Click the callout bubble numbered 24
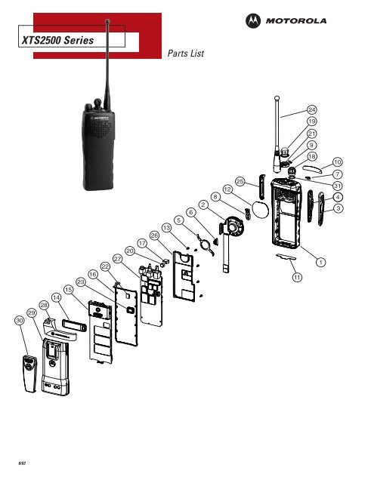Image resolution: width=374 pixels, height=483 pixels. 311,111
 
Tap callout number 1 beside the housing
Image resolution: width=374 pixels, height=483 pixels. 320,261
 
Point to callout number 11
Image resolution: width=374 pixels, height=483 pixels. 297,278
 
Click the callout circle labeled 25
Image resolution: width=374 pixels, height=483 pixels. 240,181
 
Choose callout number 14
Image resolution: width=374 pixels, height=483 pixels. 57,298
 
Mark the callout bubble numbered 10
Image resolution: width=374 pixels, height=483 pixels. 338,162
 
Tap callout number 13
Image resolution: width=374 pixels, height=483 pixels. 165,228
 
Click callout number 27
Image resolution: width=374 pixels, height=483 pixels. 117,259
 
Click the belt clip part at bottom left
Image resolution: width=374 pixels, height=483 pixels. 29,373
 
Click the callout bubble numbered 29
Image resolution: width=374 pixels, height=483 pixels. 32,312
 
